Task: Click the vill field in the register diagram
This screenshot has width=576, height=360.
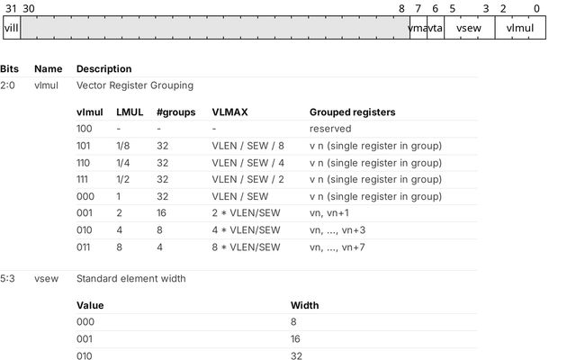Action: [x=12, y=28]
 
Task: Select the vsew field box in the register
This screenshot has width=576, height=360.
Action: [x=470, y=28]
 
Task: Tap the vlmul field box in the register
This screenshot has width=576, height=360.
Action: [x=520, y=28]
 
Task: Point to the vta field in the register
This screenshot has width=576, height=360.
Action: [x=436, y=28]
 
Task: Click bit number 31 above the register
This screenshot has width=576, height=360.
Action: [x=11, y=8]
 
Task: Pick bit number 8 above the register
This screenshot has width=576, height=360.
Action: [x=401, y=8]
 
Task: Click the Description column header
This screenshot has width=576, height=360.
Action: [x=104, y=68]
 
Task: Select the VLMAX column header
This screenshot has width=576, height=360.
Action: [x=229, y=112]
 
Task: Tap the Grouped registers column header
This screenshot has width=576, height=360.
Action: [x=352, y=112]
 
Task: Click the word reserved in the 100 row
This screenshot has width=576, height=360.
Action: [x=330, y=129]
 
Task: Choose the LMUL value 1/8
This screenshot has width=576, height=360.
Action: [x=123, y=146]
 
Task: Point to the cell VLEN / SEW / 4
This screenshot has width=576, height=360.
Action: [x=248, y=163]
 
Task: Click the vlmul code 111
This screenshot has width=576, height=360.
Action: [x=82, y=179]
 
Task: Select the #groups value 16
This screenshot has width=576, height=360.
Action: [x=161, y=213]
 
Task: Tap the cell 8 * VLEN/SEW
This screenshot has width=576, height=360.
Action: [x=246, y=247]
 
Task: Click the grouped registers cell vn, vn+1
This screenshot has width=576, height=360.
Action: [x=329, y=213]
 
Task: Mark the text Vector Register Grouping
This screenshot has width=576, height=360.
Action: [x=135, y=85]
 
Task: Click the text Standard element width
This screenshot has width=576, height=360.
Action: [x=131, y=278]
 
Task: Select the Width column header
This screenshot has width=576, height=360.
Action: [x=304, y=305]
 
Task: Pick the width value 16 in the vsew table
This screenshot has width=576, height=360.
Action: [x=295, y=338]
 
